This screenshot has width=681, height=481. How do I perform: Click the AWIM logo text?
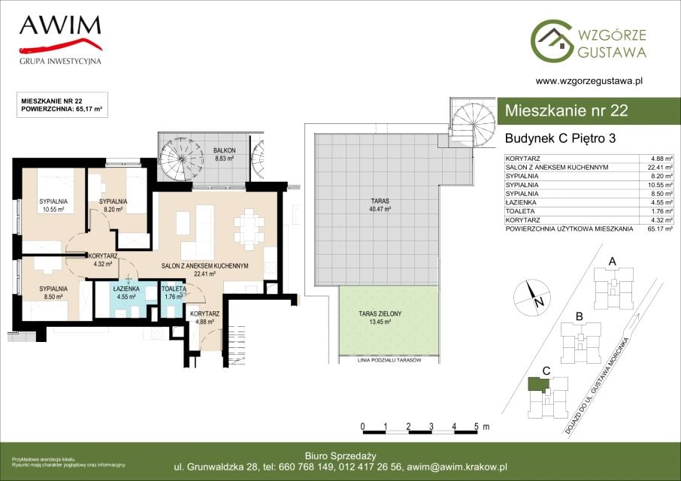tap(60, 26)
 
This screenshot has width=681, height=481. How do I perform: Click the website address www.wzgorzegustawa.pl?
tap(589, 80)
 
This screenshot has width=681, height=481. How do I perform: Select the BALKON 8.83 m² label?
tap(224, 155)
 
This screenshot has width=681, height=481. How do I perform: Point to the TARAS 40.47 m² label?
tap(380, 205)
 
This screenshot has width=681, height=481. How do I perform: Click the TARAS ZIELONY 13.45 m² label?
tap(380, 317)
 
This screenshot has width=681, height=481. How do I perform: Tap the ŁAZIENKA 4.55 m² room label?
tap(126, 292)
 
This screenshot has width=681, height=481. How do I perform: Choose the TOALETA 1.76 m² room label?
tap(174, 292)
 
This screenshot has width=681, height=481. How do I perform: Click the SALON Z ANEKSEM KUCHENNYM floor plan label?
tap(204, 266)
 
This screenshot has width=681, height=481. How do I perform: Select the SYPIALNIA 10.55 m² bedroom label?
tap(53, 205)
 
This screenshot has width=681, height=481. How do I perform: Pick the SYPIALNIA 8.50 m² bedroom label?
tap(53, 292)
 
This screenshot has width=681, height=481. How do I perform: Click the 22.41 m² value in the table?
tap(660, 167)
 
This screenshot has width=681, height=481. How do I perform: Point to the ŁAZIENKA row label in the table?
tap(520, 202)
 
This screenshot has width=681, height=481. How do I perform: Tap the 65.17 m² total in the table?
tap(660, 228)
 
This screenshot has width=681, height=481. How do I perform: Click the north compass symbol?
tap(532, 298)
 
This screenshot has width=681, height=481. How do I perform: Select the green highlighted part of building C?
tap(538, 384)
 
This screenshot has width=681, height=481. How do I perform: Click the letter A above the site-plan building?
tap(613, 262)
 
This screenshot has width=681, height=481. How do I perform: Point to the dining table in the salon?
tap(249, 229)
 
